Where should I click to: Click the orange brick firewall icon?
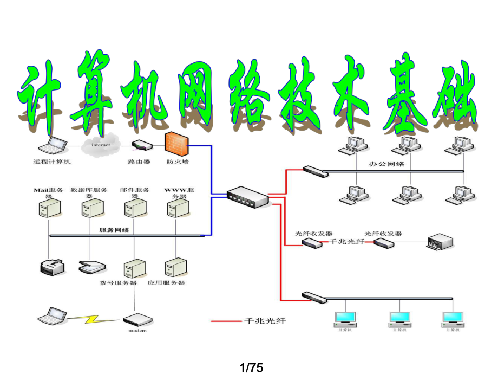tap(176, 144)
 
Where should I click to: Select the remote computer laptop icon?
tap(53, 145)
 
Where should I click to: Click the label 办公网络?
tap(386, 164)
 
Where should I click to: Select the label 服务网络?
tap(114, 230)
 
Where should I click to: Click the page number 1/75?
tap(249, 367)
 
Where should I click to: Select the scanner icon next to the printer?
tap(91, 267)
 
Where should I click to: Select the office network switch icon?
tap(316, 171)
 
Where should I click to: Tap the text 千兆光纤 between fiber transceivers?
tap(347, 242)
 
